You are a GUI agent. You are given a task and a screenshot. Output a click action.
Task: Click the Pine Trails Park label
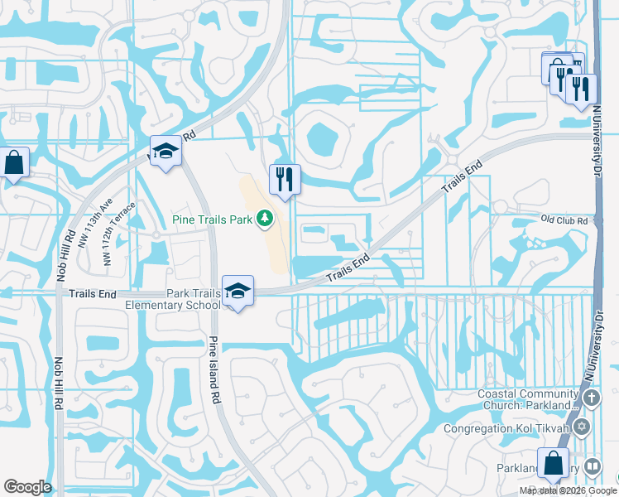tap(213, 220)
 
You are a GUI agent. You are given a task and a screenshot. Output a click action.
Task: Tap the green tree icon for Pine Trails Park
tap(265, 218)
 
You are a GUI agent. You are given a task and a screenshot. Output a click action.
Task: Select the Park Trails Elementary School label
tap(172, 299)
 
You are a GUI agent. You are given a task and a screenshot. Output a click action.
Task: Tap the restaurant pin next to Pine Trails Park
tap(284, 179)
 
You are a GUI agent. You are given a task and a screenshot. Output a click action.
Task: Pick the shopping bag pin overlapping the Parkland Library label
tap(552, 465)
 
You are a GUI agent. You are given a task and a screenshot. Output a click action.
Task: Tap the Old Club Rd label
tap(564, 220)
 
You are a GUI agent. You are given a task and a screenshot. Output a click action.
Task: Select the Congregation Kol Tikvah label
tap(507, 428)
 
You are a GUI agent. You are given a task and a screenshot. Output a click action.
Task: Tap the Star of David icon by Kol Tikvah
tap(582, 427)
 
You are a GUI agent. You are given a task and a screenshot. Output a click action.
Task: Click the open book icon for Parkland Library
tap(593, 467)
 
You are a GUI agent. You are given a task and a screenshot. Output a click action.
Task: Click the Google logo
tap(27, 487)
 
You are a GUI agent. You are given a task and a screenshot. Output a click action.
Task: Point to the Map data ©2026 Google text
tap(567, 490)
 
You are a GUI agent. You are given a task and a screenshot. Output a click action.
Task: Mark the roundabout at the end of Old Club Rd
tap(500, 207)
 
